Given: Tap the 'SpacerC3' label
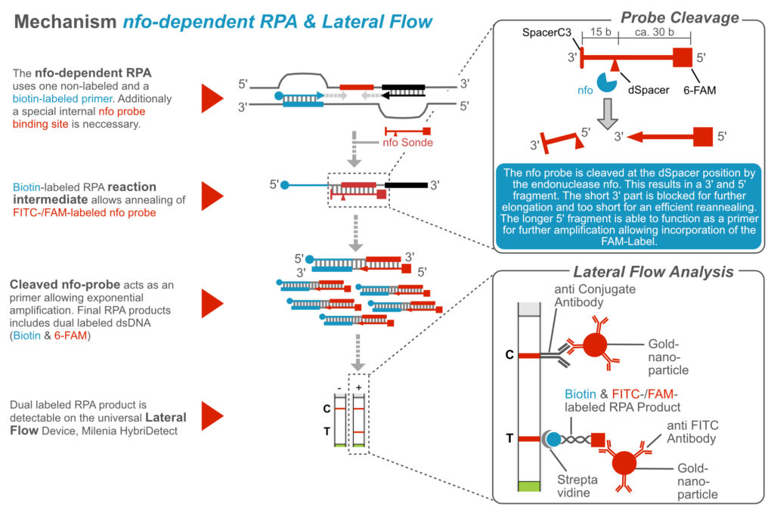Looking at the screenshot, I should coord(556,34).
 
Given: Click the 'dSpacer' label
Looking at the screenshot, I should coord(645,90).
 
